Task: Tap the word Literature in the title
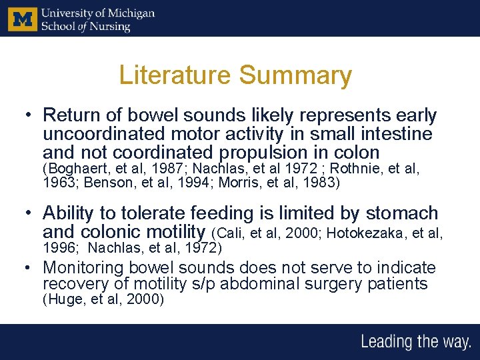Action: (x=175, y=75)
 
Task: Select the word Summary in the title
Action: (x=295, y=75)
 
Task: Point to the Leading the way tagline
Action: (x=415, y=343)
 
